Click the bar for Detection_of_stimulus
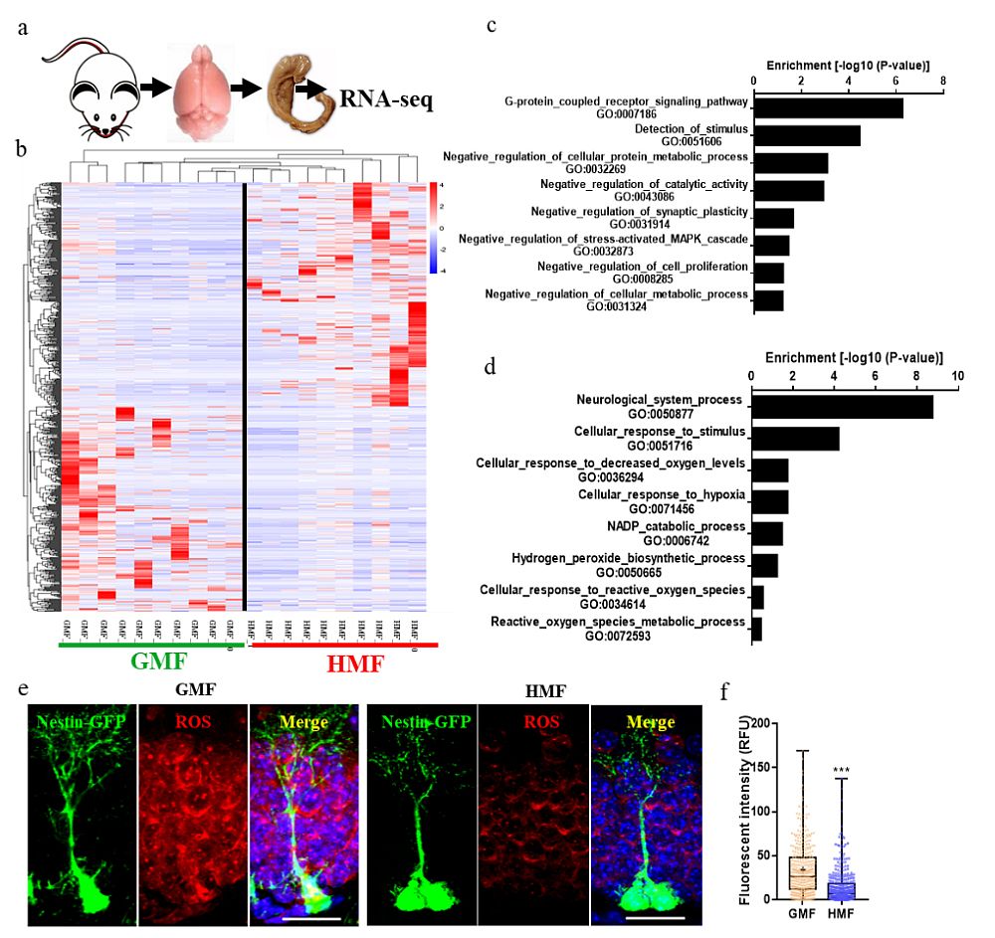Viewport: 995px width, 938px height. (x=807, y=135)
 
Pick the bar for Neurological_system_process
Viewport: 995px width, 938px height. (x=842, y=407)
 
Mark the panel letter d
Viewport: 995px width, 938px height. (x=490, y=365)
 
